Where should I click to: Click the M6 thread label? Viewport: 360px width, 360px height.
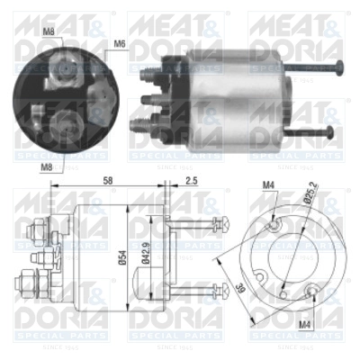pos(120,42)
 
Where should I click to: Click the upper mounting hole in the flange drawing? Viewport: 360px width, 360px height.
pos(276,225)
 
